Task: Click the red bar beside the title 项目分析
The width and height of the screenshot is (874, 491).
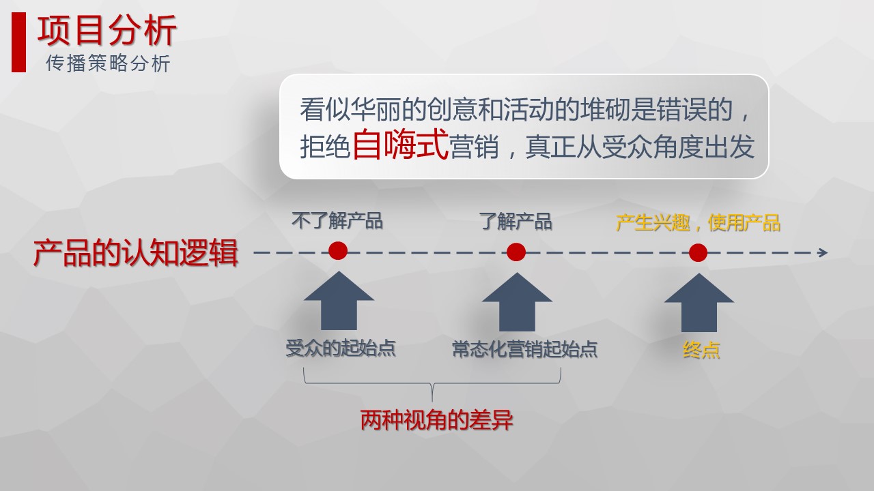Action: click(x=18, y=42)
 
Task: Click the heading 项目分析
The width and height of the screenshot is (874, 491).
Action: click(x=107, y=31)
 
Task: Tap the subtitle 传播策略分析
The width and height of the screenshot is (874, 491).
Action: click(x=108, y=63)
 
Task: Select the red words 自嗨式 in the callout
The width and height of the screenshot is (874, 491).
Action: click(x=400, y=144)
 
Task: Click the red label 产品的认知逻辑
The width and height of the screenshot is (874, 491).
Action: click(x=136, y=252)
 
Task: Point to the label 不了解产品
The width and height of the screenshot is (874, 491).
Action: click(x=337, y=220)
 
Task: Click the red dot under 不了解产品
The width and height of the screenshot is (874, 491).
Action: click(x=338, y=250)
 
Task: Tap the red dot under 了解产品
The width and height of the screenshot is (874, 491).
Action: click(x=516, y=252)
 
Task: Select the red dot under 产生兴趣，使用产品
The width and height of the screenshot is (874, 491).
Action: click(x=698, y=252)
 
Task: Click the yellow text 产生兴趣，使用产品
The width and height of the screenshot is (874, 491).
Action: click(x=698, y=223)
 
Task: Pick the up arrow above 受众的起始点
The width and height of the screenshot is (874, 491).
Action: click(x=339, y=301)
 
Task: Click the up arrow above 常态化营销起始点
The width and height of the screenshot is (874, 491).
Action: click(x=517, y=302)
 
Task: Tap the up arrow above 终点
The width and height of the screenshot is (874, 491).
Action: click(x=699, y=303)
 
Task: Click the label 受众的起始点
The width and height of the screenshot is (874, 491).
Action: click(x=341, y=348)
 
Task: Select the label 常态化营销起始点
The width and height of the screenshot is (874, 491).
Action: click(x=525, y=348)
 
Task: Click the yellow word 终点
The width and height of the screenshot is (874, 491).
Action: click(x=701, y=350)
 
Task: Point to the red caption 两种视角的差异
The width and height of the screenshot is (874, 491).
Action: click(x=436, y=420)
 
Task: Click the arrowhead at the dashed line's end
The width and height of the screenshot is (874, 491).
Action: click(x=823, y=252)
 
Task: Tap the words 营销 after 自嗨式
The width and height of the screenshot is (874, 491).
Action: click(x=474, y=147)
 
